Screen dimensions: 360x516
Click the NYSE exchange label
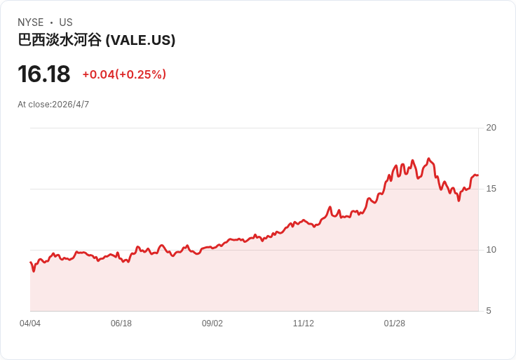(30, 22)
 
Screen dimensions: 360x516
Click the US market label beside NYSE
(66, 22)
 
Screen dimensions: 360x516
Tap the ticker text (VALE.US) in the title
(140, 40)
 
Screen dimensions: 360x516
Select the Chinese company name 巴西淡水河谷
(60, 40)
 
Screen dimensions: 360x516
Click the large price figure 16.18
(44, 74)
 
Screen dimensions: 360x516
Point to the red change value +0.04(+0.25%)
(124, 74)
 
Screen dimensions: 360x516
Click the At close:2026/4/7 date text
(53, 105)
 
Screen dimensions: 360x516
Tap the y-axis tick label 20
(491, 128)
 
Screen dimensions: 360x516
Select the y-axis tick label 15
(491, 189)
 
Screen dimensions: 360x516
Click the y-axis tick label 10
(491, 250)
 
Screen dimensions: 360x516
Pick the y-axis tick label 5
(489, 311)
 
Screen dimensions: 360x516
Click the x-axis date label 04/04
(30, 324)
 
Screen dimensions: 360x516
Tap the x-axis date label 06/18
(121, 324)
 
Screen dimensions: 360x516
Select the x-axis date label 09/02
(212, 324)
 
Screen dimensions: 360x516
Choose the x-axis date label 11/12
(304, 324)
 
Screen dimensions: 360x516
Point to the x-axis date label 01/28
(395, 324)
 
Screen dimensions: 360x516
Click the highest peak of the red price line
(428, 159)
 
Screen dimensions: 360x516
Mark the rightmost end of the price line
(477, 175)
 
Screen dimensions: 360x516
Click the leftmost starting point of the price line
(31, 262)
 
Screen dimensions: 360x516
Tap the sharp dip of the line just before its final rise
(459, 200)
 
